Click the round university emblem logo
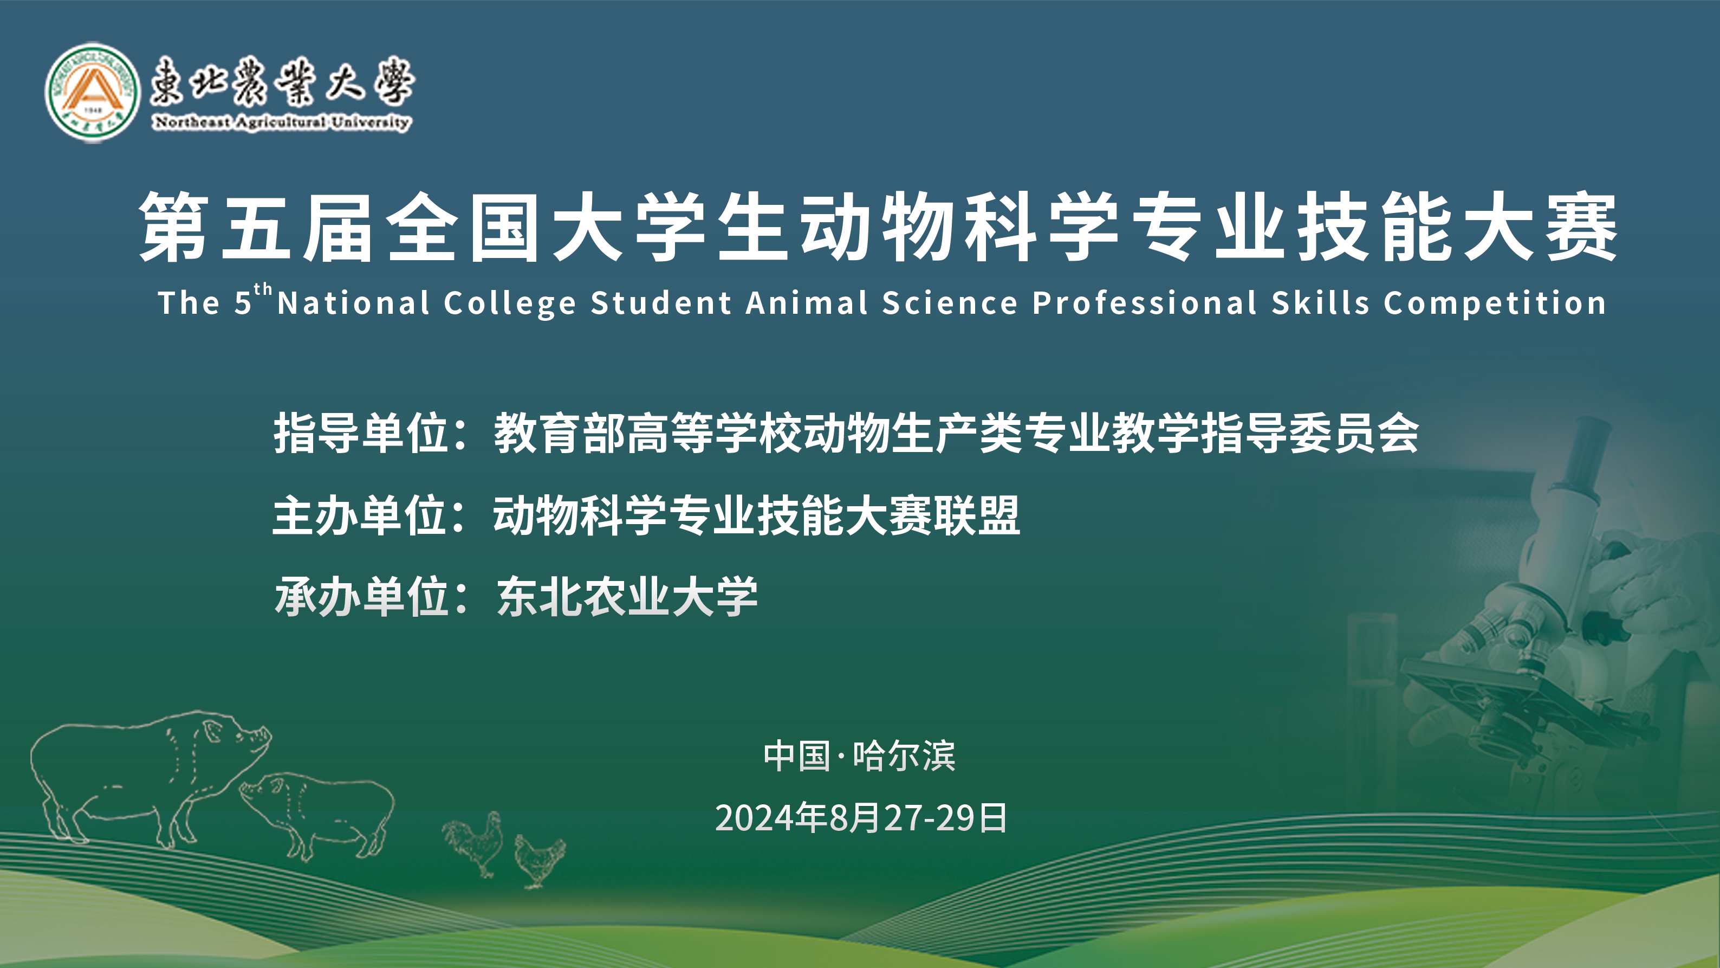pyautogui.click(x=92, y=92)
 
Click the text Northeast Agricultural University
pyautogui.click(x=282, y=122)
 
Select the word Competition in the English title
pyautogui.click(x=1495, y=304)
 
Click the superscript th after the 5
pyautogui.click(x=263, y=290)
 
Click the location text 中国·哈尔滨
pyautogui.click(x=859, y=756)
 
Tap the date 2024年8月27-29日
pyautogui.click(x=861, y=818)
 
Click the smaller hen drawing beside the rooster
pyautogui.click(x=540, y=861)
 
